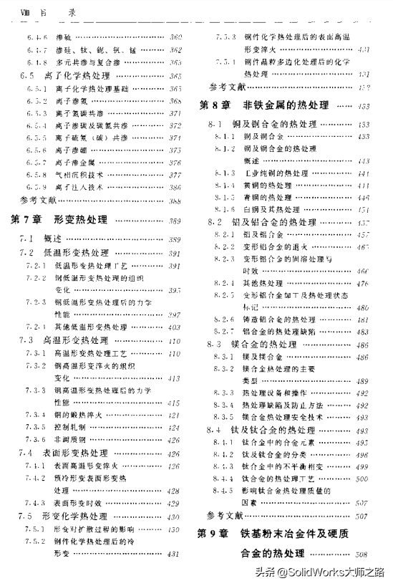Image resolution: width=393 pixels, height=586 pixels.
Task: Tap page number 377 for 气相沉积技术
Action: tap(173, 174)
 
